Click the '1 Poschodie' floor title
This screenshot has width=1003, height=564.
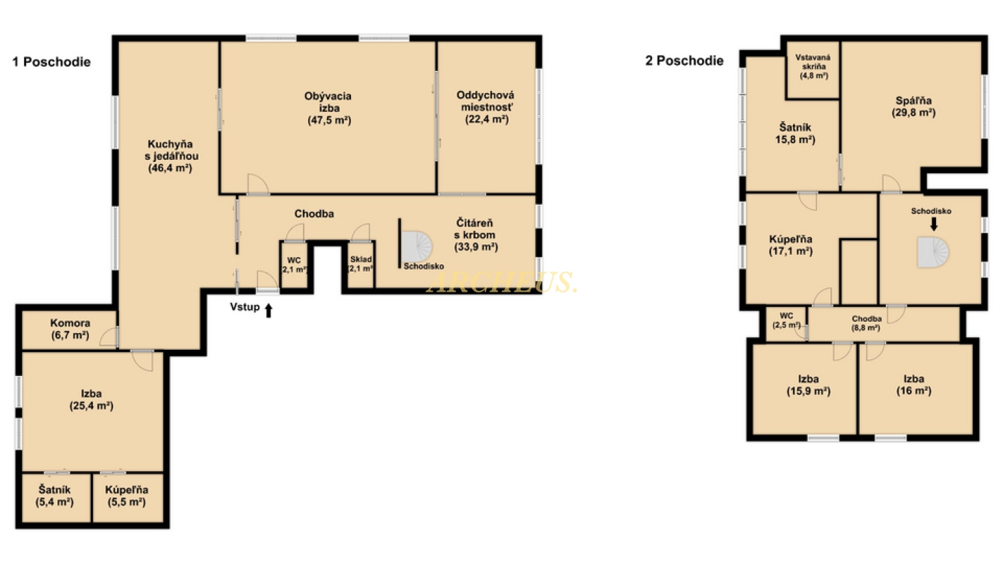[x=51, y=62]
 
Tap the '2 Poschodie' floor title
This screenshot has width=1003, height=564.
[x=684, y=60]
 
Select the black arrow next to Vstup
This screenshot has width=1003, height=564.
[x=269, y=310]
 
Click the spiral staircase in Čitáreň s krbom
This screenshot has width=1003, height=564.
[x=417, y=246]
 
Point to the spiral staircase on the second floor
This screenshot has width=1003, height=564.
[x=933, y=252]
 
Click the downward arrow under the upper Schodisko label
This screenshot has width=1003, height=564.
[x=933, y=224]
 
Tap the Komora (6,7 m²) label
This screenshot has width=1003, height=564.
[x=70, y=328]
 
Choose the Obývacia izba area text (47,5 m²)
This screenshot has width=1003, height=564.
[x=330, y=120]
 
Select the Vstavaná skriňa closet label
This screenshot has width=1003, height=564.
[x=813, y=66]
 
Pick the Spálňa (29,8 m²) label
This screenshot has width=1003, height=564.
[x=913, y=106]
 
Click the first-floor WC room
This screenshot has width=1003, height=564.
[x=294, y=265]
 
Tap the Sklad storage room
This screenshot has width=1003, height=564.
[x=360, y=264]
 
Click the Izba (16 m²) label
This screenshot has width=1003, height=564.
[x=913, y=385]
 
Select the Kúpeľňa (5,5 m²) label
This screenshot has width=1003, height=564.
[x=127, y=496]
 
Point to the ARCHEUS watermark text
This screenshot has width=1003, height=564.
[x=501, y=282]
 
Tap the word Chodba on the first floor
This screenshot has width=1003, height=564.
[x=314, y=213]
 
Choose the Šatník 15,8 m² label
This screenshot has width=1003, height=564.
[x=795, y=134]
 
